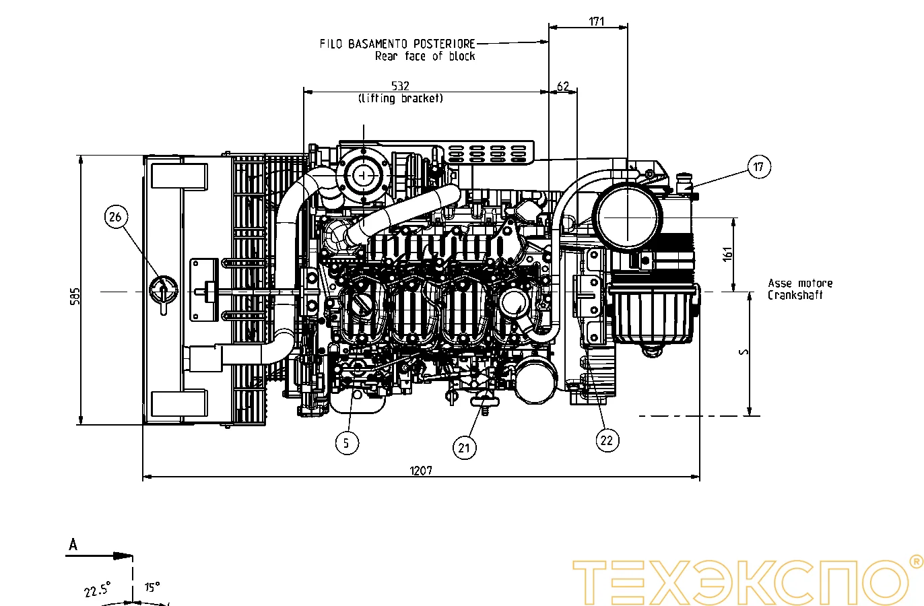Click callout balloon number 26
115,217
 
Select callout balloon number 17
759,167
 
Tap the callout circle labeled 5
347,442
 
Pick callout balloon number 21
464,448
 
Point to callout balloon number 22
607,440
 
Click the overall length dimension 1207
421,471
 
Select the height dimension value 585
75,296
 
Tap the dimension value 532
400,86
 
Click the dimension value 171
597,22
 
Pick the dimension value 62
563,86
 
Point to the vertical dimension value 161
727,255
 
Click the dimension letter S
744,352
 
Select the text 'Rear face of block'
425,57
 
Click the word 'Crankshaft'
795,295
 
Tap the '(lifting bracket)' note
401,98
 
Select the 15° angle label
152,587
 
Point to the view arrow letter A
73,545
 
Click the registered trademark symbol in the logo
915,562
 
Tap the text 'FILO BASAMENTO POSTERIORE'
397,44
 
